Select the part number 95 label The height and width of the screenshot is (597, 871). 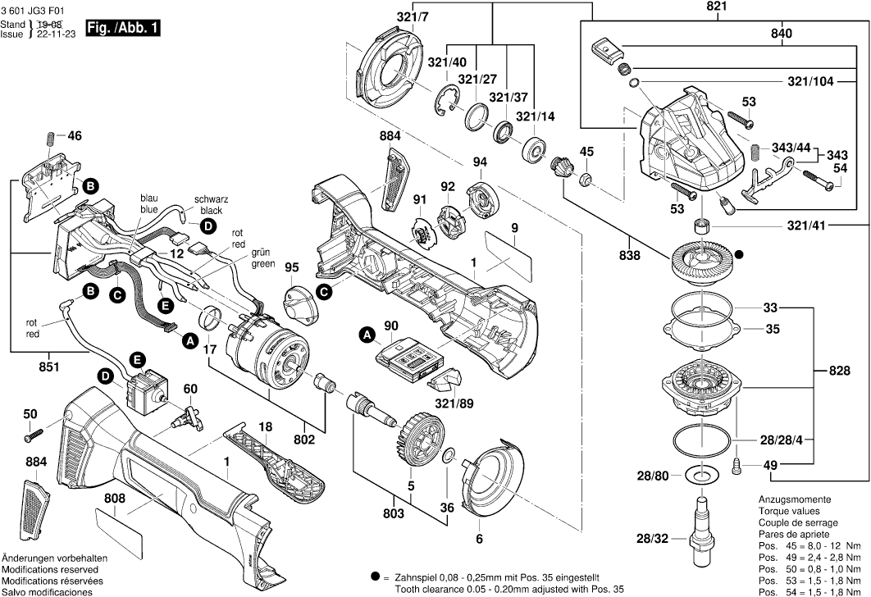click(x=290, y=267)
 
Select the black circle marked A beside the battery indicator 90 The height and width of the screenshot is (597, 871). click(x=367, y=335)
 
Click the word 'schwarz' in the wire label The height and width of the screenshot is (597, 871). click(x=211, y=199)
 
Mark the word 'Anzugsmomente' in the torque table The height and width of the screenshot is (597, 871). click(x=794, y=500)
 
